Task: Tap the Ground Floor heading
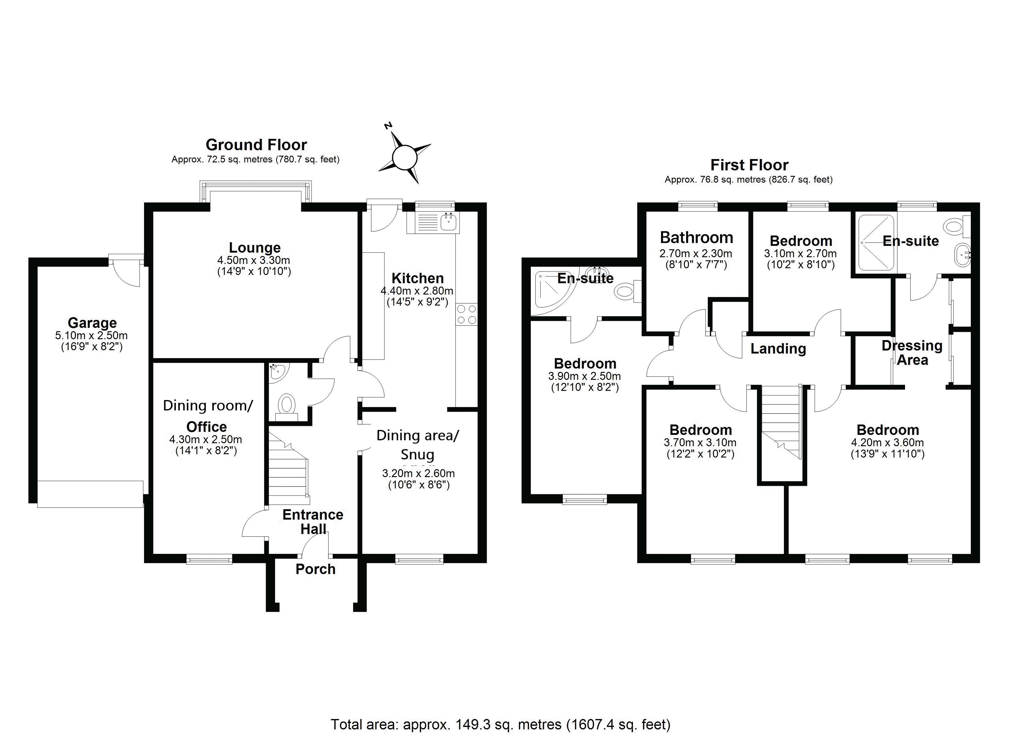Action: (x=256, y=145)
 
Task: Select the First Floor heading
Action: (x=749, y=165)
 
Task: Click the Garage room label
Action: (x=92, y=322)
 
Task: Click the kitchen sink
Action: (x=450, y=221)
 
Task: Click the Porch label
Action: (x=316, y=569)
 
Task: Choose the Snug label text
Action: (x=417, y=454)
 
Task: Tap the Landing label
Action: (x=778, y=349)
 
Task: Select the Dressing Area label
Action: (x=912, y=353)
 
